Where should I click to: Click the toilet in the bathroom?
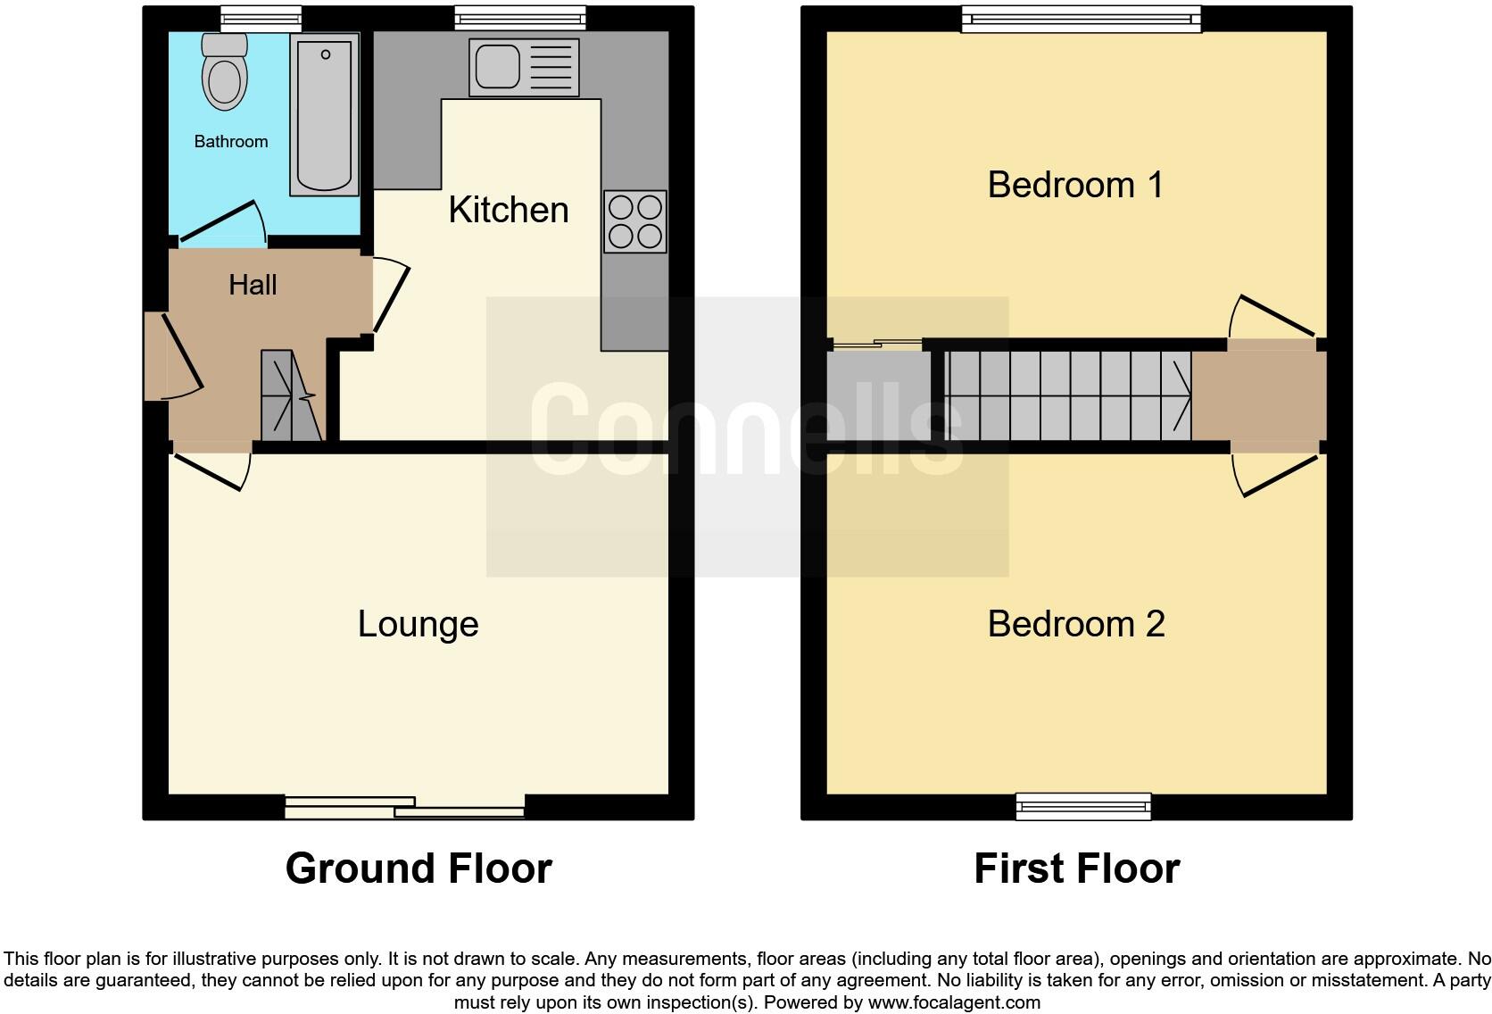[x=224, y=73]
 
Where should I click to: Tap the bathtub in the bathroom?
[x=324, y=115]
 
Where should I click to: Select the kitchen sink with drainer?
[x=524, y=67]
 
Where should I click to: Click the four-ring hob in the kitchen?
[x=634, y=221]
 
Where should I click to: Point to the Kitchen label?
[x=508, y=210]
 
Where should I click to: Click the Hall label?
[x=253, y=285]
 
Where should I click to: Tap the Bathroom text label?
[x=231, y=141]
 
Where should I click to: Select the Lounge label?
[x=418, y=624]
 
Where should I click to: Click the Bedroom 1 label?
[x=1075, y=185]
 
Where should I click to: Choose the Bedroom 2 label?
[x=1076, y=624]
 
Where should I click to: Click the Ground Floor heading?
[x=419, y=869]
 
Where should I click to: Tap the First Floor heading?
[x=1076, y=869]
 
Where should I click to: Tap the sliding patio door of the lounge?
[x=404, y=807]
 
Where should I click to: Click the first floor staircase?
[x=1067, y=395]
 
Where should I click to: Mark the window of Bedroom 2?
[x=1083, y=806]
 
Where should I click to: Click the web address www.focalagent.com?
[x=954, y=1002]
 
